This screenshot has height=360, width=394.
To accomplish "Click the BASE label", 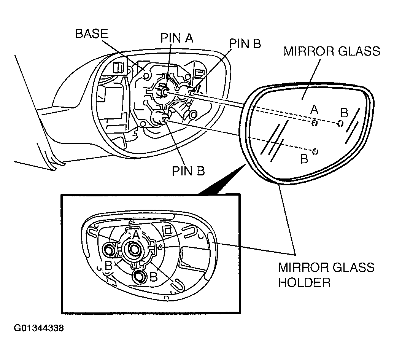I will click(91, 34).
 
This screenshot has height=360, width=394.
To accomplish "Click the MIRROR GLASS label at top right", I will click(332, 51).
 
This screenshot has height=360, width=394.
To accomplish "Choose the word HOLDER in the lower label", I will click(304, 283).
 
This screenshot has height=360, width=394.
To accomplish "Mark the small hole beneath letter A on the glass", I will click(315, 123).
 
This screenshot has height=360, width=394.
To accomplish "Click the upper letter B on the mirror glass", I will click(344, 113).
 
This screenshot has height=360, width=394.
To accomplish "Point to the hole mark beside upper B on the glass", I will click(340, 123).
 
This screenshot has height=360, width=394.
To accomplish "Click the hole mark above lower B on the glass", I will click(315, 151).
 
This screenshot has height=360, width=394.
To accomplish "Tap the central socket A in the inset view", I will click(133, 249).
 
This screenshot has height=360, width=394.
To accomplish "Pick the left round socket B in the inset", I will click(109, 250).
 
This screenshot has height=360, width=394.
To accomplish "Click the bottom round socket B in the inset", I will click(139, 277).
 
